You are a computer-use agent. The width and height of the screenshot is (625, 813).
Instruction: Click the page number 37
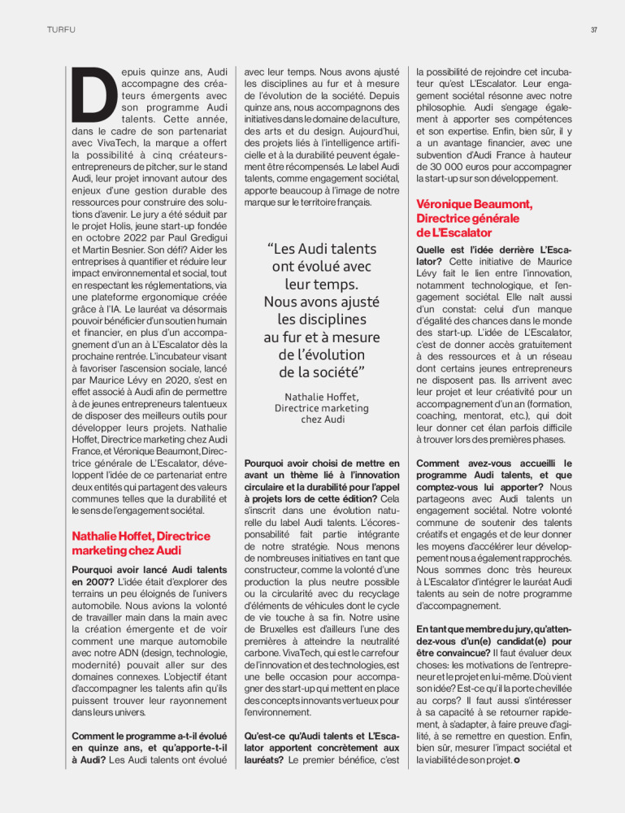594,31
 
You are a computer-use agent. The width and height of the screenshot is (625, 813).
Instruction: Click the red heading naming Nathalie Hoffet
141,543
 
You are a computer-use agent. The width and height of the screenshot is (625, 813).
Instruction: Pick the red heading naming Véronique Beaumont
474,218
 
